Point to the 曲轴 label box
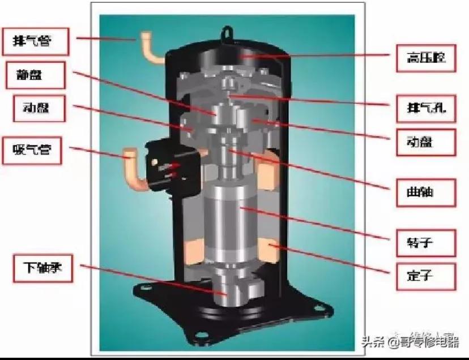click(x=424, y=194)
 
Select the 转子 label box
click(x=424, y=243)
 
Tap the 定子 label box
click(x=424, y=276)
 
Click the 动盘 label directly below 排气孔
click(x=424, y=140)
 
